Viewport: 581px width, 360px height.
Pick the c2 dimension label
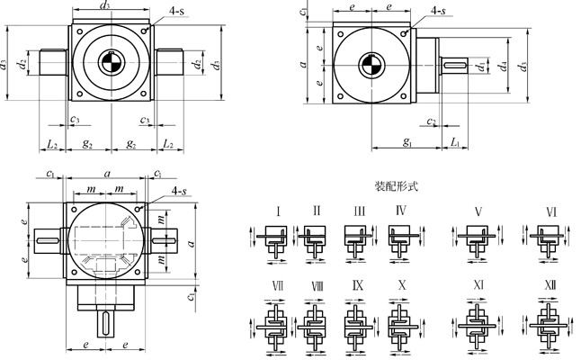tap(433, 121)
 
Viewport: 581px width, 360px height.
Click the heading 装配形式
tap(397, 187)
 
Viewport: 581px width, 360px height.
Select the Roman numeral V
tap(478, 212)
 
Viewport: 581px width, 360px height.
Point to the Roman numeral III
tap(358, 212)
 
